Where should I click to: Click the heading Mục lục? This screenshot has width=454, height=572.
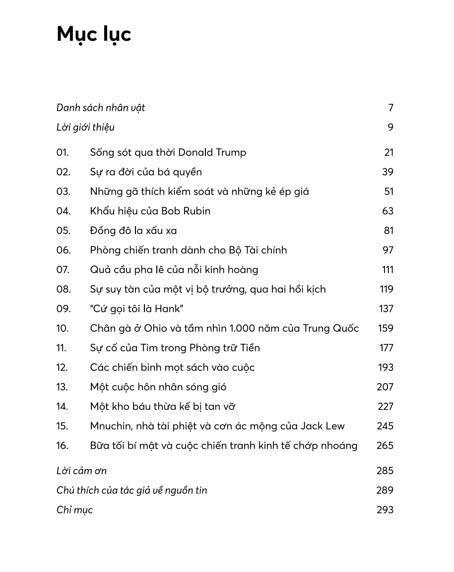tap(94, 35)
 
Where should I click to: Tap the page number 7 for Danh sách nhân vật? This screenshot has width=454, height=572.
tap(390, 108)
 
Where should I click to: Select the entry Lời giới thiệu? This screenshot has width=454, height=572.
tap(85, 127)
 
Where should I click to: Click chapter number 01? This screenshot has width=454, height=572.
tap(63, 153)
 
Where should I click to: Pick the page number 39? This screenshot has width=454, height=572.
tap(388, 172)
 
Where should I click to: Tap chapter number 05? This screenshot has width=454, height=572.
tap(64, 231)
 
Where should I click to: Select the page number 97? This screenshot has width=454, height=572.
tap(388, 250)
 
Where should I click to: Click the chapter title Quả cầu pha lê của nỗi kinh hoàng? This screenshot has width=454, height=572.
tap(174, 270)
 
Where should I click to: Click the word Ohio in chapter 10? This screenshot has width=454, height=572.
tap(156, 328)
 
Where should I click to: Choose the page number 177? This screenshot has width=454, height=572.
tap(387, 348)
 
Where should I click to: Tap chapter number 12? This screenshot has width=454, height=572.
tap(63, 367)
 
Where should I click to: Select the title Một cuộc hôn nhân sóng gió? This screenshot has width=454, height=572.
tap(158, 387)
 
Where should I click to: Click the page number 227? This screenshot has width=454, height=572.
tap(386, 407)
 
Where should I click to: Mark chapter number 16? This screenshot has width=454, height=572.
tap(63, 445)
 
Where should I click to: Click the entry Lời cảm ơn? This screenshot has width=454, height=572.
tap(81, 471)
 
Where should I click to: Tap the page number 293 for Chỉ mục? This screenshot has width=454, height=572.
tap(385, 510)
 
